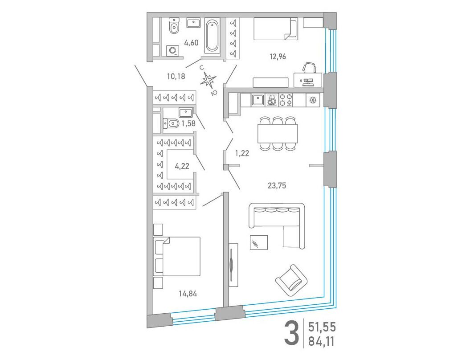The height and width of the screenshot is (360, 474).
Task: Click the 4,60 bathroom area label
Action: click(x=191, y=43)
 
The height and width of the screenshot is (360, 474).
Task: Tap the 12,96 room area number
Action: click(x=278, y=57)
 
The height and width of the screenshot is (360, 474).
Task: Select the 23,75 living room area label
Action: click(x=277, y=185)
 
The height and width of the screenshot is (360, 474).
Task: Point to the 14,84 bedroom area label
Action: click(x=188, y=293)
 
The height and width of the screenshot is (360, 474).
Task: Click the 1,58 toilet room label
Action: click(x=188, y=123)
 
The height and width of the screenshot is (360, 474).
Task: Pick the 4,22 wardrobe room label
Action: click(x=182, y=166)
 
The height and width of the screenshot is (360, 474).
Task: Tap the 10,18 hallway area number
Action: click(x=176, y=77)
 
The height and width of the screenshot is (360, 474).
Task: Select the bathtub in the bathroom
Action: click(x=212, y=36)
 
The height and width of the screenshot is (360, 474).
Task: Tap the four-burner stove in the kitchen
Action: click(x=286, y=100)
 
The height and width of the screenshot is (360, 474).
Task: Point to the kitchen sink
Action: click(x=257, y=100)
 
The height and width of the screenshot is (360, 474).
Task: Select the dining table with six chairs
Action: click(x=278, y=133)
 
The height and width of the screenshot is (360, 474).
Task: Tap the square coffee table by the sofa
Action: click(x=259, y=242)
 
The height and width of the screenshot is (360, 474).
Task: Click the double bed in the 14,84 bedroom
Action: click(x=177, y=256)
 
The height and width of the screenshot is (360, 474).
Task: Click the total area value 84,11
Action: click(x=322, y=341)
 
